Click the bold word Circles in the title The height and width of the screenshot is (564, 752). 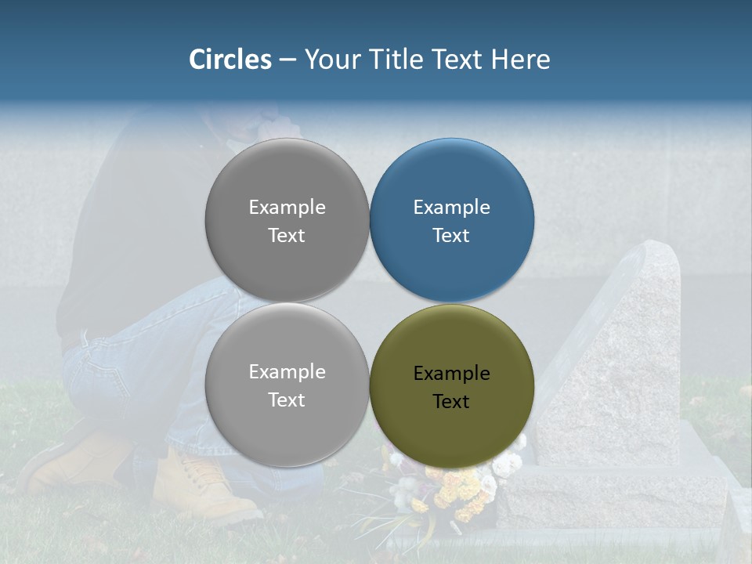pyautogui.click(x=230, y=60)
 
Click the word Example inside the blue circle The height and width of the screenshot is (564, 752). pyautogui.click(x=451, y=208)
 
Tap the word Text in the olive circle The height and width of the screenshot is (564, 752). pyautogui.click(x=451, y=402)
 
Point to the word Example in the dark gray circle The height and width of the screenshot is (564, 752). pyautogui.click(x=287, y=208)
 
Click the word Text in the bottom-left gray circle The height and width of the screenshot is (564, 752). pyautogui.click(x=287, y=400)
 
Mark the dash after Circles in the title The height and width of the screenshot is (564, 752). pyautogui.click(x=287, y=60)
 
